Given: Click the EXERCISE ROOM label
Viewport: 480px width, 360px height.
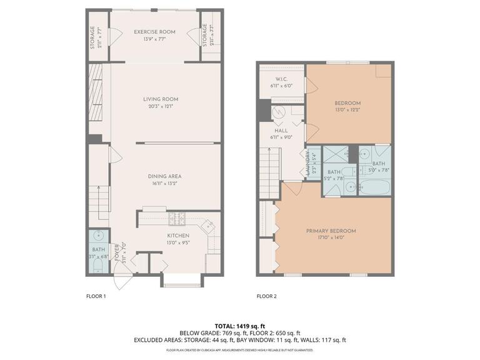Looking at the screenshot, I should (154, 32).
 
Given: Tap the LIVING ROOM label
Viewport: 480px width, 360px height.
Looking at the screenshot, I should (161, 99).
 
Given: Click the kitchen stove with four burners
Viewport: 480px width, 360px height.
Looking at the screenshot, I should (176, 219).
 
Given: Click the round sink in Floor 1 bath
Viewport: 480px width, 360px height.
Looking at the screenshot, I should (97, 236).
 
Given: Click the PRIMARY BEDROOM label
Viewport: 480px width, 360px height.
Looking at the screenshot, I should (331, 231).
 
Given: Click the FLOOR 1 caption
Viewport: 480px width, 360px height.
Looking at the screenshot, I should (96, 296).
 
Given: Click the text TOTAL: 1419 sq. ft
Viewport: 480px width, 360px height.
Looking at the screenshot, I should (239, 326).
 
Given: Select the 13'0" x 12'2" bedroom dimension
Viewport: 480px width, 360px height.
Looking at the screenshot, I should (347, 109).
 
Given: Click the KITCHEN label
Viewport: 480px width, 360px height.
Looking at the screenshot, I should (178, 235).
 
